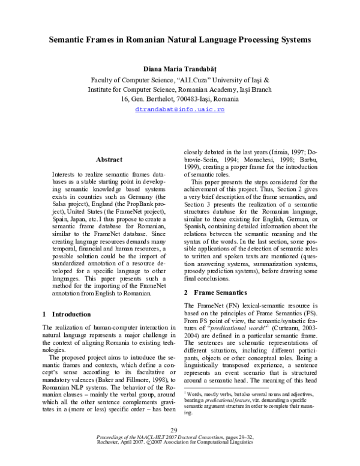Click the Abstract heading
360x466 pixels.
pos(109,160)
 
